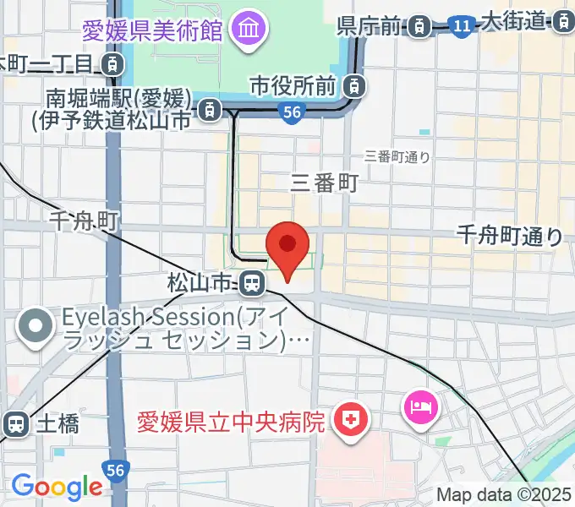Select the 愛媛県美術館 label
tap(152, 31)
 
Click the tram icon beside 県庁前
tap(418, 27)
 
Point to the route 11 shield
tap(461, 27)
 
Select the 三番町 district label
tap(325, 182)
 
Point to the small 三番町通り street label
tap(397, 155)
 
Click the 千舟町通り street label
tap(509, 236)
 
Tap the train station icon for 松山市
tap(251, 283)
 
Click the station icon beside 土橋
tap(15, 423)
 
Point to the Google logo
tap(57, 486)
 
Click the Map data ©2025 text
tap(504, 495)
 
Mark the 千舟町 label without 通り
tap(83, 221)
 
